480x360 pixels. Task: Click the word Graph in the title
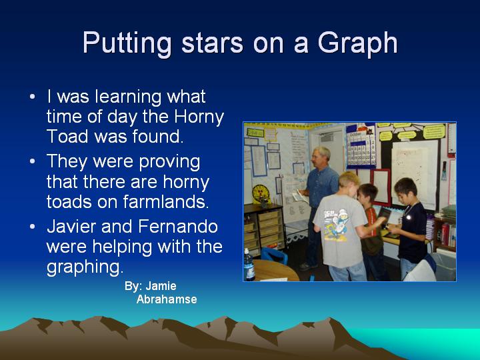[357, 43]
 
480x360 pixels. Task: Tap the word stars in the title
[212, 43]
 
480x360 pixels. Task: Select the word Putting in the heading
[127, 43]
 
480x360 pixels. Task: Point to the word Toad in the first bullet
[67, 136]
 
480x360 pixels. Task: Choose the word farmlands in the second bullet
[165, 202]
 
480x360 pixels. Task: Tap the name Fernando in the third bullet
[178, 227]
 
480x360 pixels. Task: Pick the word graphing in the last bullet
[85, 267]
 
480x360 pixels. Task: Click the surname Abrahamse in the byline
[167, 299]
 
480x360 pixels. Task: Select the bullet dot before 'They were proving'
[33, 161]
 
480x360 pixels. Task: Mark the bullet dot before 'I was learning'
[33, 97]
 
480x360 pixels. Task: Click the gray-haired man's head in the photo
[320, 157]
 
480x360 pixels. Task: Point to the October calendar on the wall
[361, 149]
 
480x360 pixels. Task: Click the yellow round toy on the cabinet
[261, 193]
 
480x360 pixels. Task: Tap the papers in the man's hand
[301, 195]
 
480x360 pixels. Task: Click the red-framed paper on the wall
[381, 187]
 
